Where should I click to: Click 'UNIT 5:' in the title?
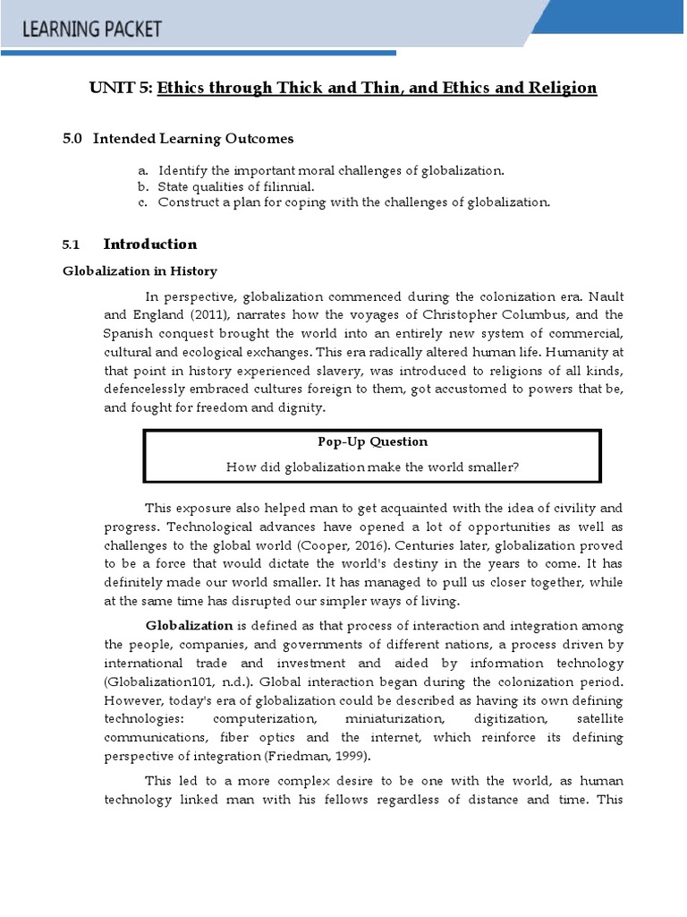point(121,88)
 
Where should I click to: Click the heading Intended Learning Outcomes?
point(193,139)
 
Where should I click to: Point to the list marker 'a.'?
point(142,170)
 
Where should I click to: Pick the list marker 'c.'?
point(142,202)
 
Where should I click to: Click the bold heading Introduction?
point(150,244)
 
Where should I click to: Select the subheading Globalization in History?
point(140,271)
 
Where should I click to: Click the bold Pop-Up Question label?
point(372,441)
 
